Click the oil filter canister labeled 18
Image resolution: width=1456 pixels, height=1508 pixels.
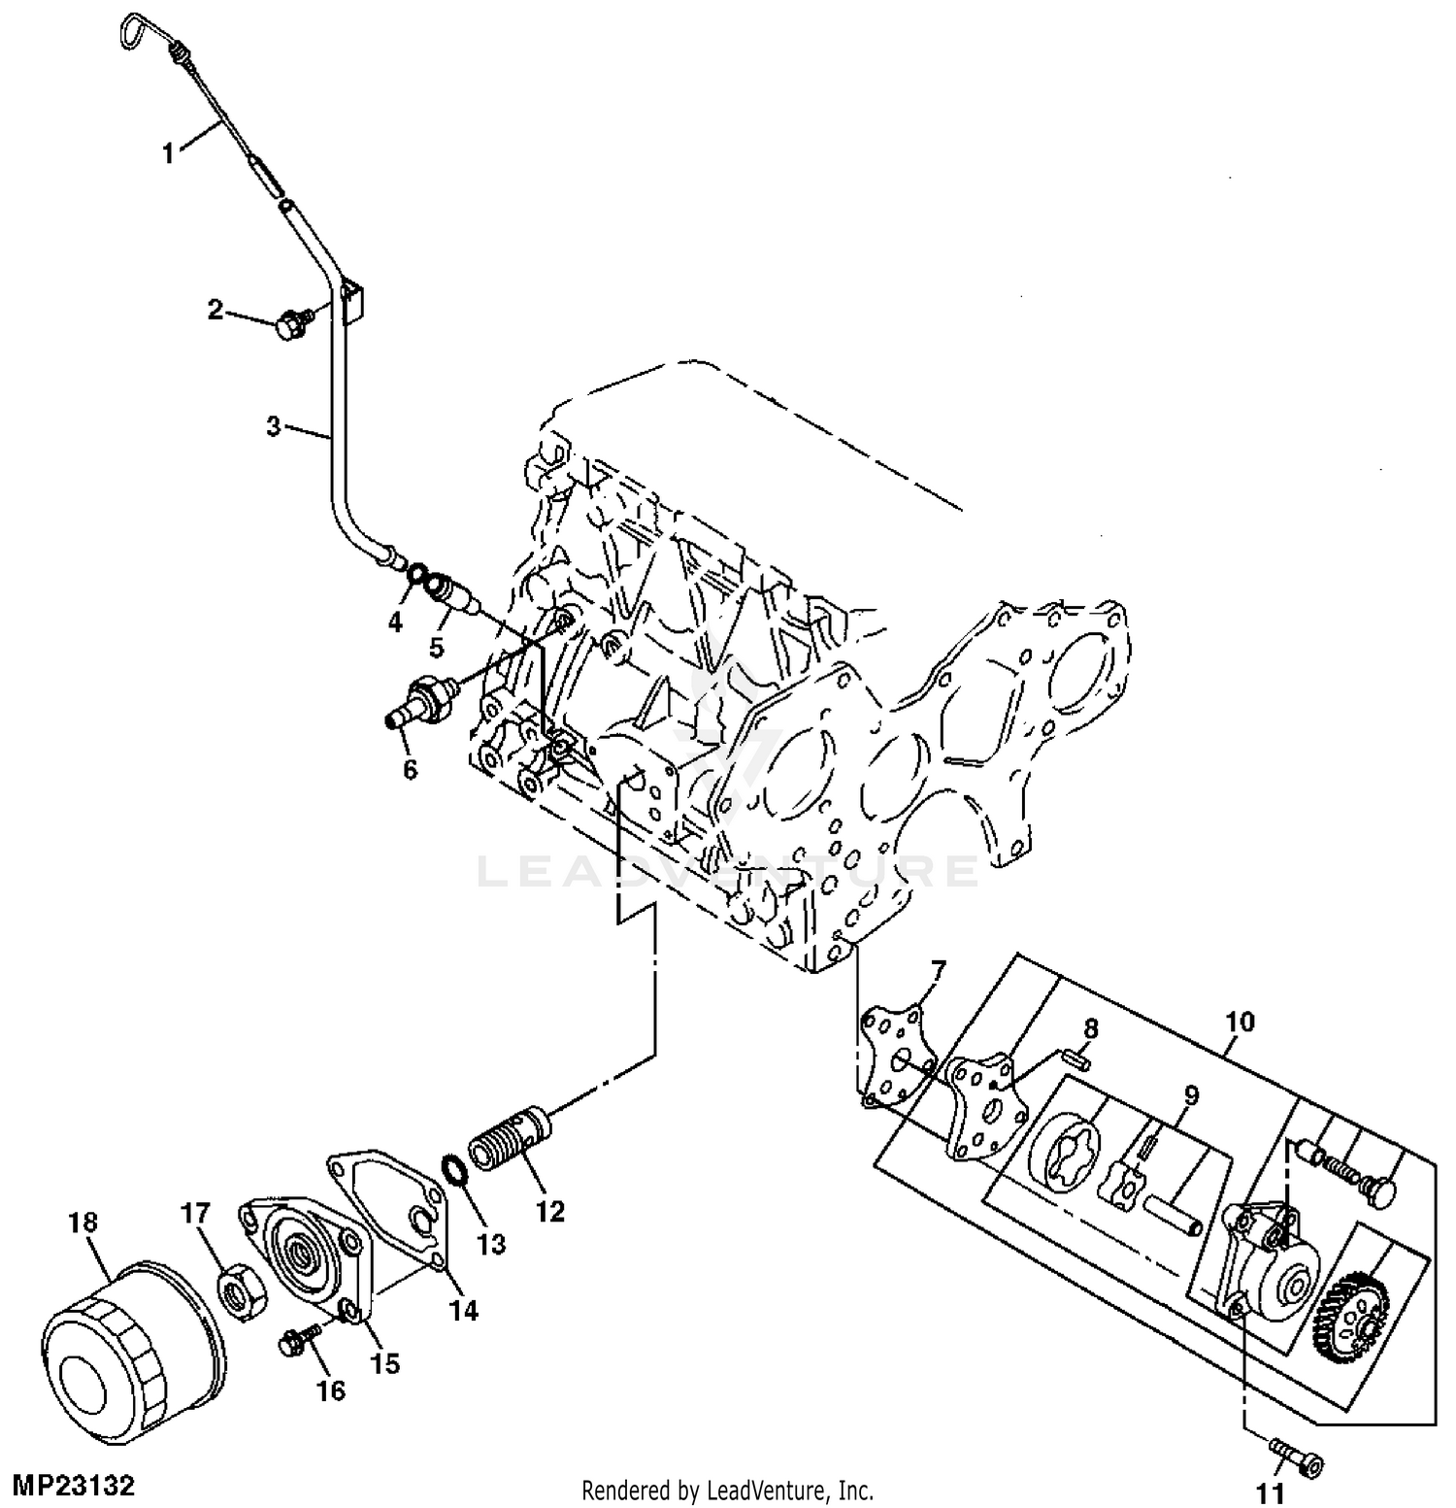134,1347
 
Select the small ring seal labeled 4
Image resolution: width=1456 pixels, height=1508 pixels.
415,575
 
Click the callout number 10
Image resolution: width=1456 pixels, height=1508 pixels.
1240,1022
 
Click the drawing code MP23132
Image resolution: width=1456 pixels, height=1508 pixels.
73,1486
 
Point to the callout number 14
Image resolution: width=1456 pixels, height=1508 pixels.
464,1311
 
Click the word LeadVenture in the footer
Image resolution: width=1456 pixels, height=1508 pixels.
769,1490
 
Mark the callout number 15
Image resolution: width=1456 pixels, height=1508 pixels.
384,1363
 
